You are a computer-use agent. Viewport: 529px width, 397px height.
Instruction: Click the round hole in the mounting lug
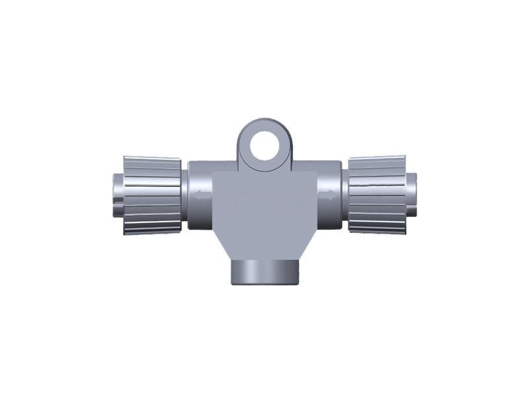click(x=264, y=145)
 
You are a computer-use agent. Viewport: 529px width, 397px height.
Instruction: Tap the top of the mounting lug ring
click(x=264, y=122)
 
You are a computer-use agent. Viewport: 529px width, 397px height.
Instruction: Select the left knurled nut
click(x=153, y=195)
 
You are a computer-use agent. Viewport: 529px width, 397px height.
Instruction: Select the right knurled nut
click(x=377, y=195)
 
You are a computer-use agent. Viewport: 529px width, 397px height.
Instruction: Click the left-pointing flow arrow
click(x=203, y=195)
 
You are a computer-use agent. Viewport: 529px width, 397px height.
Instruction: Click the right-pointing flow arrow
click(x=326, y=195)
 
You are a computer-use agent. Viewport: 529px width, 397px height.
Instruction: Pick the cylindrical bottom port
click(x=264, y=272)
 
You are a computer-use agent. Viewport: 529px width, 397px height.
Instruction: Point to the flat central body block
click(x=264, y=205)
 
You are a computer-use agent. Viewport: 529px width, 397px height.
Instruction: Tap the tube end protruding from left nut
click(x=117, y=195)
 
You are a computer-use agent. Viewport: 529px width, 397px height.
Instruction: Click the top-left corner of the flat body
click(x=215, y=171)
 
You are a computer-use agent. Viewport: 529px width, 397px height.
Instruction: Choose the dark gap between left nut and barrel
click(x=184, y=195)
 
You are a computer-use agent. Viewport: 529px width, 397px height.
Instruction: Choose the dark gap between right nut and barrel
click(x=345, y=195)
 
